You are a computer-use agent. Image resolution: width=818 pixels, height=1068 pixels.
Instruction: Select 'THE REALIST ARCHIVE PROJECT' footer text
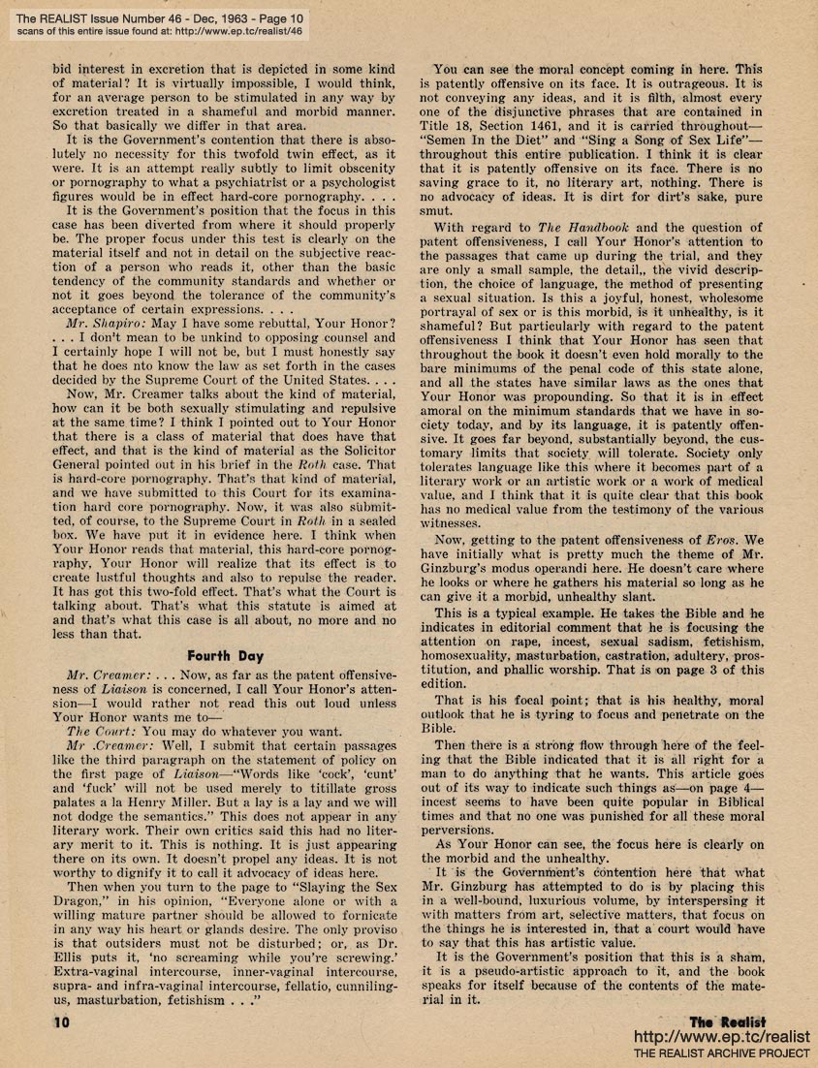(x=722, y=1053)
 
